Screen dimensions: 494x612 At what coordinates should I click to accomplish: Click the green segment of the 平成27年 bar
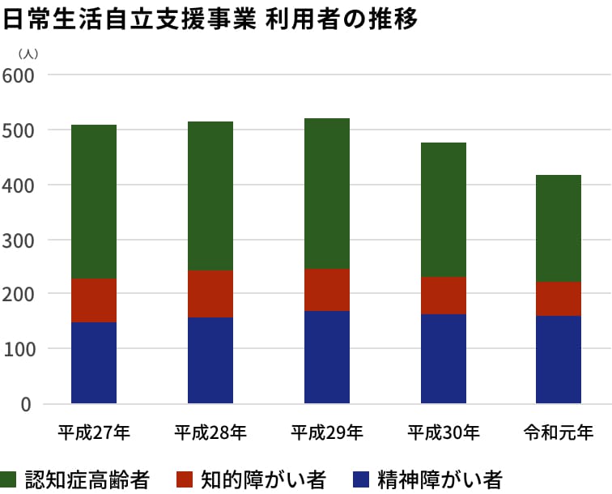coord(94,202)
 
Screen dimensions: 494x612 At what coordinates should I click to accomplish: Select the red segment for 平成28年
coord(210,294)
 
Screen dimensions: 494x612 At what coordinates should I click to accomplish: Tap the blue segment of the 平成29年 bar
coord(327,357)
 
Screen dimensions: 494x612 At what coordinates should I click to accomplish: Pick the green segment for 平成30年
coord(444,210)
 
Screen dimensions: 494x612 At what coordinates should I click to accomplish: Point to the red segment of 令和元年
coord(559,299)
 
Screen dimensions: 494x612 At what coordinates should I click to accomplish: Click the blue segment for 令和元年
coord(559,360)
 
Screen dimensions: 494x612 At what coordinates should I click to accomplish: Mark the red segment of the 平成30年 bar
coord(444,296)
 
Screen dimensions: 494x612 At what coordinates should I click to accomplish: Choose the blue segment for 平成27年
coord(94,363)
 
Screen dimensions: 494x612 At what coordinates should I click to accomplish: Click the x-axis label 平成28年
coord(210,432)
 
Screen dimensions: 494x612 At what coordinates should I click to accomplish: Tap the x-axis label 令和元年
coord(559,432)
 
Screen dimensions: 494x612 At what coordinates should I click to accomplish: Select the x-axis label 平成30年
coord(444,432)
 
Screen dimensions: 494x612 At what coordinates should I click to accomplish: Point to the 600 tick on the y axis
coord(17,75)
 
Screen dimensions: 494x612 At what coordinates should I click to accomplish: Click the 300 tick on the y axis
coord(17,241)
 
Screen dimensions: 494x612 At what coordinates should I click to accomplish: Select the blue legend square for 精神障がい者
coord(362,479)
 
